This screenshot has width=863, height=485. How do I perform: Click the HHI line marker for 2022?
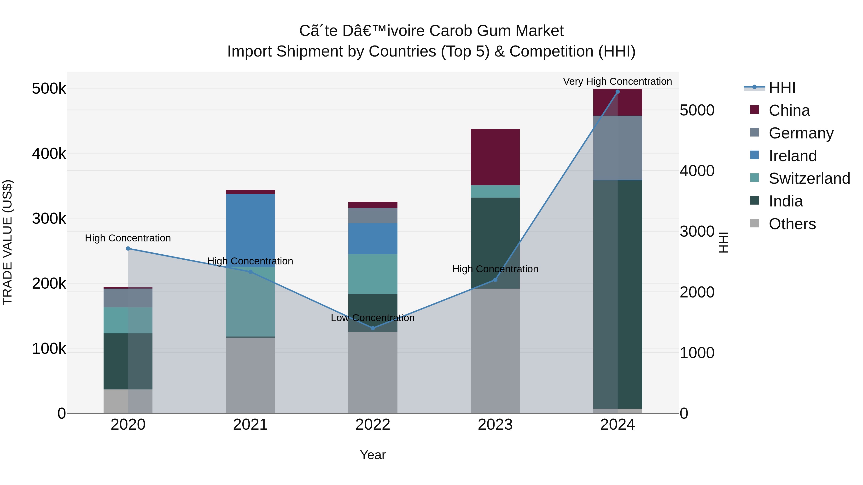coord(373,328)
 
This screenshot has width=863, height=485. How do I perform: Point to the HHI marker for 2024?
coord(618,91)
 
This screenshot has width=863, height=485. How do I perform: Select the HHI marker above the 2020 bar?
coord(128,248)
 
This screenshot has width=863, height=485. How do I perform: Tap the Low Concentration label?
coord(373,318)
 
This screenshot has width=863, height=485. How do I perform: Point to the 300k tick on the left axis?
coord(49,219)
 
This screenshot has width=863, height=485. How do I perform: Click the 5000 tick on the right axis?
coord(697,110)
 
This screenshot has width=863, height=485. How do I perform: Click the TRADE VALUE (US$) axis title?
coord(7,242)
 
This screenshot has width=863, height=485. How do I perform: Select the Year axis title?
coord(373,455)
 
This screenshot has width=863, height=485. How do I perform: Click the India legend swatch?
coord(754,200)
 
